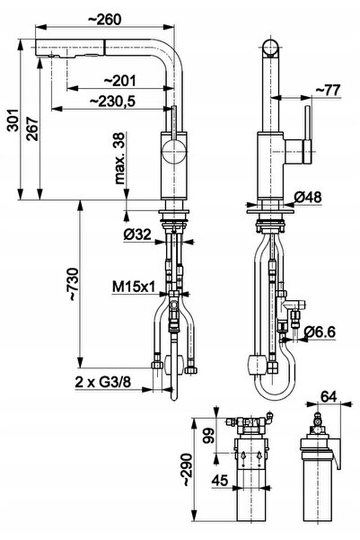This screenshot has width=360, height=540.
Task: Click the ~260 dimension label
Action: coord(105,19)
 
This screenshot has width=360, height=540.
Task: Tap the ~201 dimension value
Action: coord(120,81)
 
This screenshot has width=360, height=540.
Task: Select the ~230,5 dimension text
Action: coord(112,102)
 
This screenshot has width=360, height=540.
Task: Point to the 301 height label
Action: coord(13,120)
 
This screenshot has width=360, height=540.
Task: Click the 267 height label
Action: coord(32,128)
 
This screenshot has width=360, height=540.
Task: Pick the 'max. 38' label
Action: coord(119,158)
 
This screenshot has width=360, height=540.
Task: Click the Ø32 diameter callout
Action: coord(137,235)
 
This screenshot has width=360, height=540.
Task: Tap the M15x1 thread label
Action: coord(135,287)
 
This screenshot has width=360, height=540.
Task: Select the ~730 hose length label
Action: coord(74,285)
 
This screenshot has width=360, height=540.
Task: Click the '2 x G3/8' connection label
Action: coord(103,382)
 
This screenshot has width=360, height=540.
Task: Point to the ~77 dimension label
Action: coord(328,90)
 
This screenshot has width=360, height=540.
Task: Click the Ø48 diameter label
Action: coord(308,198)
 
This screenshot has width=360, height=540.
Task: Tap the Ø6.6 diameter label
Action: coord(320,332)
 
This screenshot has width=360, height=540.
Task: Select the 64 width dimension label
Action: coord(329,396)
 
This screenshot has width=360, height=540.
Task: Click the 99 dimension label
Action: coord(209,435)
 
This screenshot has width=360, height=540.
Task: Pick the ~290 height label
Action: coord(186,469)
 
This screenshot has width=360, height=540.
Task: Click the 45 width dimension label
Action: coord(220,480)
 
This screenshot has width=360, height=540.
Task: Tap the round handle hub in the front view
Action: coord(174,151)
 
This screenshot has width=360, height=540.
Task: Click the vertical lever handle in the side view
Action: coord(308,136)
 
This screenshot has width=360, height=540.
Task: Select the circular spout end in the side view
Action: coord(271,48)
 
